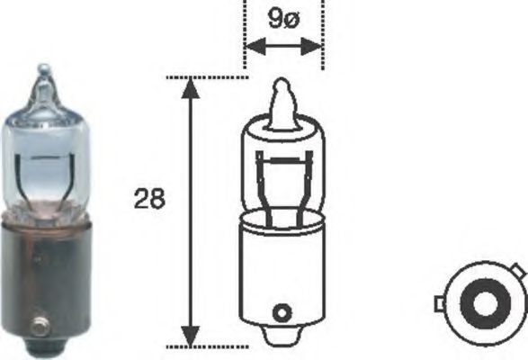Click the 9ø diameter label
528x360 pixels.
tap(282, 18)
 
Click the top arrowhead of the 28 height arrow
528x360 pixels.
tap(190, 86)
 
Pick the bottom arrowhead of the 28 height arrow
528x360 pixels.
tap(190, 337)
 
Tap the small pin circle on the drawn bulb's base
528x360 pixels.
tap(282, 314)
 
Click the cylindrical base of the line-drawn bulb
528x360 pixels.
tap(282, 270)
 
